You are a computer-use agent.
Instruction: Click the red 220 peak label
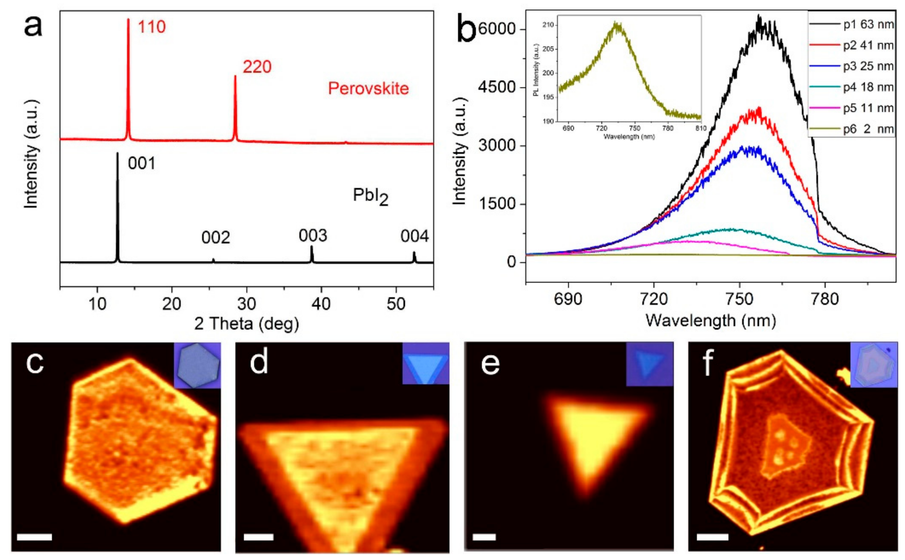pyautogui.click(x=257, y=67)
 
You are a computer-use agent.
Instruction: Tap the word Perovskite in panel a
pyautogui.click(x=368, y=89)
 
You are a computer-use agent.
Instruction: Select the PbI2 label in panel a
pyautogui.click(x=370, y=196)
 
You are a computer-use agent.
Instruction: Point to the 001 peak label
pyautogui.click(x=142, y=163)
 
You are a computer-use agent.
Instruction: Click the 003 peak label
pyautogui.click(x=313, y=236)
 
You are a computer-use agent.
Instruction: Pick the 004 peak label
pyautogui.click(x=414, y=236)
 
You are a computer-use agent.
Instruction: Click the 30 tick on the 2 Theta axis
pyautogui.click(x=246, y=304)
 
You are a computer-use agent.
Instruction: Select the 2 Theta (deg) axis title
pyautogui.click(x=246, y=324)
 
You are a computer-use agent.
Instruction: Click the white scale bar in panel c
pyautogui.click(x=34, y=537)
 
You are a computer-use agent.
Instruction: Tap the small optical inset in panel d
pyautogui.click(x=425, y=363)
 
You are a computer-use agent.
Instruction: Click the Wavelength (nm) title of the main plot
pyautogui.click(x=711, y=320)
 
